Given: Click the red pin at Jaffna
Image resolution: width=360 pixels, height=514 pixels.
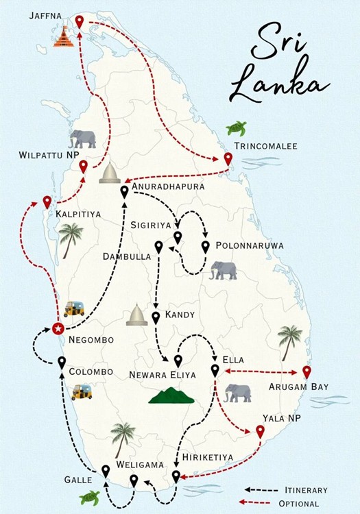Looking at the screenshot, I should (80, 21).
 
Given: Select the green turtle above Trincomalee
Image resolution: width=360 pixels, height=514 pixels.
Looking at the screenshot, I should (237, 128).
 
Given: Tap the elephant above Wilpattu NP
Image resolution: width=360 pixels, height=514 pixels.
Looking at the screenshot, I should (82, 138).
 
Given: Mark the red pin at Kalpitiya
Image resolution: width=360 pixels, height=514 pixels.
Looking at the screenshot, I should (47, 201).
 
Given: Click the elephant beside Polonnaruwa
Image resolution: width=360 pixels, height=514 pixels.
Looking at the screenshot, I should (224, 270).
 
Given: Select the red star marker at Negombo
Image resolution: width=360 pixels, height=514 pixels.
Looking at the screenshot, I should (58, 328).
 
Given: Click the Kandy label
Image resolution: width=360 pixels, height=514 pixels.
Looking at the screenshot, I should (180, 315).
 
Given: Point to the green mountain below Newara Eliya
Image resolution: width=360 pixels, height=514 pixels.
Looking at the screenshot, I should (171, 395).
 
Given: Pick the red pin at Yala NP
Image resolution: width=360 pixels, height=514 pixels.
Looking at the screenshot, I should (260, 430).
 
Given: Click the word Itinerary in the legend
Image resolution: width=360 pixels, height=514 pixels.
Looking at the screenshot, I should (306, 490).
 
